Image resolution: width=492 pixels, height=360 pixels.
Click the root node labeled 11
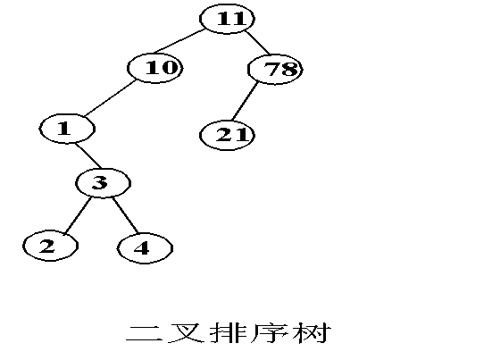(227, 19)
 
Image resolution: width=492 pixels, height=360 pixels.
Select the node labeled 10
(155, 68)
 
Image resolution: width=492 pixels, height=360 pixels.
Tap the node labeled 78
(275, 70)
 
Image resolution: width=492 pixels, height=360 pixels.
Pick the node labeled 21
(227, 135)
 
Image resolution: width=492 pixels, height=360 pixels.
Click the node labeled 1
(67, 129)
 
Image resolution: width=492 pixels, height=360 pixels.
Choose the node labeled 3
(103, 183)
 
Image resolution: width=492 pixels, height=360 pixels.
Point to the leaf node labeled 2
(50, 246)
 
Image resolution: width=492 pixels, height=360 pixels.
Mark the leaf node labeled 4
(145, 248)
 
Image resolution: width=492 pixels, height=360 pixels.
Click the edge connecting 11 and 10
(179, 41)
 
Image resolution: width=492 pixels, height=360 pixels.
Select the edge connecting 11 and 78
(257, 43)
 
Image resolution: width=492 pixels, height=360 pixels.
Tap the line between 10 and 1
(111, 98)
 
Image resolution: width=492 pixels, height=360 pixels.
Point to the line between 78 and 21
(245, 101)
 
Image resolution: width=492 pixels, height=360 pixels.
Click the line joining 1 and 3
(88, 155)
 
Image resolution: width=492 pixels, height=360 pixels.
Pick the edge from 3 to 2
(77, 215)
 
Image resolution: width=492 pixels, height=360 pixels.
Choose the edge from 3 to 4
(125, 215)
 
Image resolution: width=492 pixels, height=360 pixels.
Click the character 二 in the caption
(144, 333)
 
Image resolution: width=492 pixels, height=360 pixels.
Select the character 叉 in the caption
(186, 333)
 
